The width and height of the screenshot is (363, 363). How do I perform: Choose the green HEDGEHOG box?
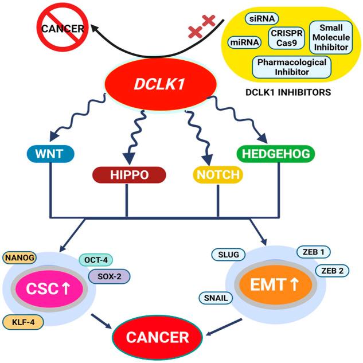[277, 153]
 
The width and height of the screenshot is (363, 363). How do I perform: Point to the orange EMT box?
[280, 284]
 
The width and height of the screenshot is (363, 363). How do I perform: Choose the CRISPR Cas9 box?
[286, 38]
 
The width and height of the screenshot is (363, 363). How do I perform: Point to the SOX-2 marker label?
[109, 276]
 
